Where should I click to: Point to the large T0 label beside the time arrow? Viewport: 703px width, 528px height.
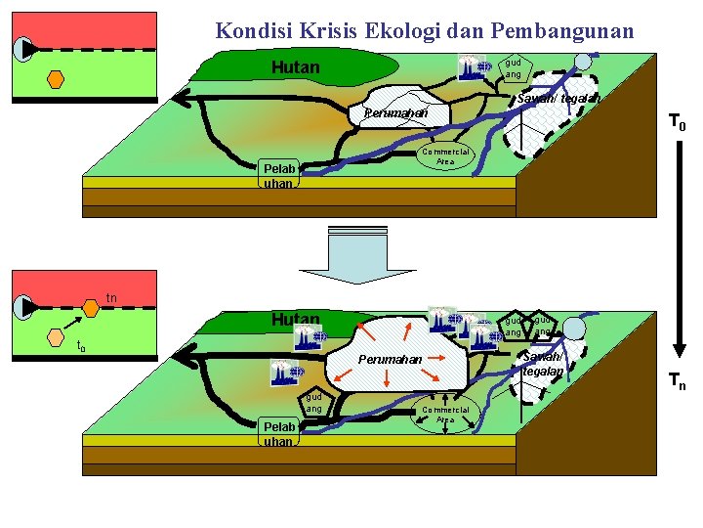pyautogui.click(x=676, y=123)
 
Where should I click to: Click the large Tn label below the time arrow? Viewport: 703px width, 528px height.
pyautogui.click(x=676, y=382)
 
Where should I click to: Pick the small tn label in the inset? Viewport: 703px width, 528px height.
pyautogui.click(x=111, y=297)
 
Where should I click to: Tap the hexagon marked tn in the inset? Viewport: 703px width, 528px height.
pyautogui.click(x=90, y=308)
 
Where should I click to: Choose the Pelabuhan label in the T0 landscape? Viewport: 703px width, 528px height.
pyautogui.click(x=278, y=176)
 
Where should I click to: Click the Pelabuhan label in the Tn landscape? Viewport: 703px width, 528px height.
pyautogui.click(x=278, y=434)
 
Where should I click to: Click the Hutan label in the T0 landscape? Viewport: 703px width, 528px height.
pyautogui.click(x=295, y=67)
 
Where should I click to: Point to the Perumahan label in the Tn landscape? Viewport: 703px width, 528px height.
pyautogui.click(x=390, y=360)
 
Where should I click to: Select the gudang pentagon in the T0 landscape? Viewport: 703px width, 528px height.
pyautogui.click(x=512, y=67)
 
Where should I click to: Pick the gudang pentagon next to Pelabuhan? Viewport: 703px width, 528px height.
pyautogui.click(x=314, y=403)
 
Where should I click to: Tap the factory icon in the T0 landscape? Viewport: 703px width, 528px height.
pyautogui.click(x=474, y=67)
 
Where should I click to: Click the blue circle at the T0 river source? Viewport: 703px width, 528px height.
pyautogui.click(x=583, y=61)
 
